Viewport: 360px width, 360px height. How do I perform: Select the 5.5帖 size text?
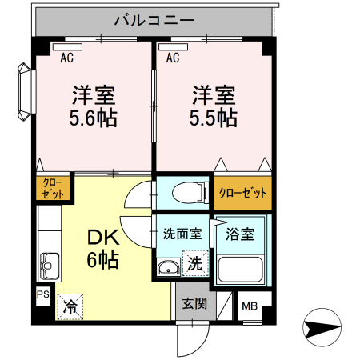tap(213, 118)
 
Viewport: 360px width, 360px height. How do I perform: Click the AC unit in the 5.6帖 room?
tap(68, 47)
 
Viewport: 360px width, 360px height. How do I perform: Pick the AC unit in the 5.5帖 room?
tap(177, 47)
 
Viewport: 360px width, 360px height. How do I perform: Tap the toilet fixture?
tap(182, 193)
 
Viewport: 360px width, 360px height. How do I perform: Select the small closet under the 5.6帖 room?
tap(53, 189)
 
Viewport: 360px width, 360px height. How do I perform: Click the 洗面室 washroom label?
tap(182, 234)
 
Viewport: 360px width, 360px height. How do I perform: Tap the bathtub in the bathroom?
tap(242, 268)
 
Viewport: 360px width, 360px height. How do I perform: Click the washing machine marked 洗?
tap(194, 262)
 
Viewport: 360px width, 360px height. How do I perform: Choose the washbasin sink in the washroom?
tap(169, 268)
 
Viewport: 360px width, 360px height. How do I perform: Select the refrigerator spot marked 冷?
tap(70, 305)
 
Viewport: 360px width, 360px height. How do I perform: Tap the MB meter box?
tap(249, 305)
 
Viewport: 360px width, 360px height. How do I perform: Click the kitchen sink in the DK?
tap(50, 263)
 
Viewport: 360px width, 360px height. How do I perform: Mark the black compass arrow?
tap(322, 327)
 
